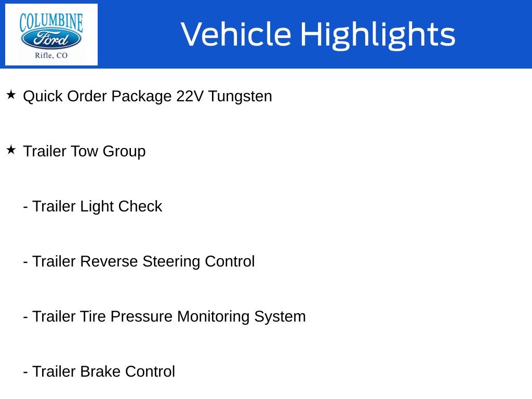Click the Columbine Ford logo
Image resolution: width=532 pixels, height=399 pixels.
point(51,34)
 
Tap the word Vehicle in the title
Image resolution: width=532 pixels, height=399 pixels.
point(236,34)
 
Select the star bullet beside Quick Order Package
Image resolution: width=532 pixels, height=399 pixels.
point(11,95)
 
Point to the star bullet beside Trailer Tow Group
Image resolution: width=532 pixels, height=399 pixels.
point(11,150)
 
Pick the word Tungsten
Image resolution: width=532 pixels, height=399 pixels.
point(240,97)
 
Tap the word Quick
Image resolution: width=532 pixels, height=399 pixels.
point(43,97)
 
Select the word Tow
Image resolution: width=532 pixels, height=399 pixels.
point(84,152)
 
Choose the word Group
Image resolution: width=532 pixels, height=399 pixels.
point(124,152)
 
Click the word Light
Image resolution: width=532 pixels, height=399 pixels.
point(97,207)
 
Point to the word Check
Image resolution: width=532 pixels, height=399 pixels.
point(140,207)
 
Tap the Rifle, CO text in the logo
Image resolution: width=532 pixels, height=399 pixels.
point(51,56)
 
